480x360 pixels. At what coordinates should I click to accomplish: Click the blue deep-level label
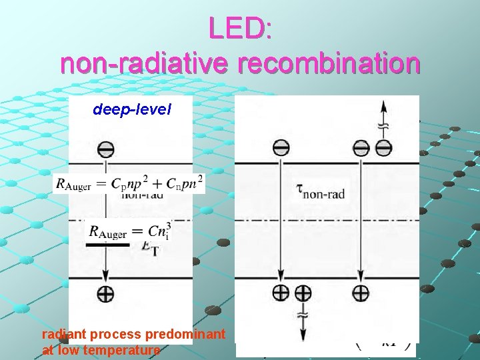tap(132, 109)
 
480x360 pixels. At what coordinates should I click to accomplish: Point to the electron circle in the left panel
tap(105, 148)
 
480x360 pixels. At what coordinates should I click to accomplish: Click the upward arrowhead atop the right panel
tap(383, 107)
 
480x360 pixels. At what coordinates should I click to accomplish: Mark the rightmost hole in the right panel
tap(361, 292)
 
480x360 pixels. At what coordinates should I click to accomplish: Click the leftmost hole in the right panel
tap(281, 292)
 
